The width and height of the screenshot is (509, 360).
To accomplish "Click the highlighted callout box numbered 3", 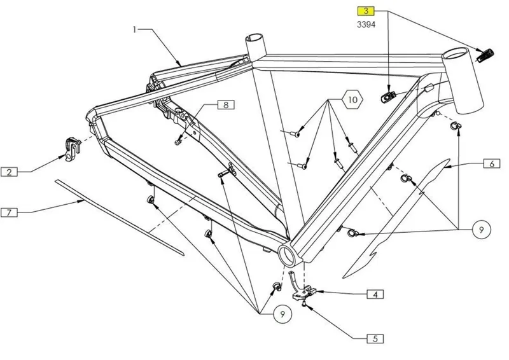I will [x=366, y=11].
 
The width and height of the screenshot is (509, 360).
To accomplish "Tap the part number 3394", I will [x=366, y=25].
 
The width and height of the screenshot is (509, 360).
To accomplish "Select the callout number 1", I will [x=135, y=29].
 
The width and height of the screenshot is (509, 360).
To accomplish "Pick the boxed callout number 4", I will [x=375, y=294].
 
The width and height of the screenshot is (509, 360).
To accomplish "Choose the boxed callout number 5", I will [x=375, y=340].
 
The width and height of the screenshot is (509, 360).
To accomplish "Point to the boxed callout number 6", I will [x=491, y=163].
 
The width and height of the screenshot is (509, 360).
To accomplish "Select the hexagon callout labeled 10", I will [x=354, y=100].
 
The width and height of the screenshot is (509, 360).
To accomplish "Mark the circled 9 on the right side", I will [x=482, y=230].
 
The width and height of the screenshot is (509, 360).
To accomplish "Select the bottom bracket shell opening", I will [x=286, y=256].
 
